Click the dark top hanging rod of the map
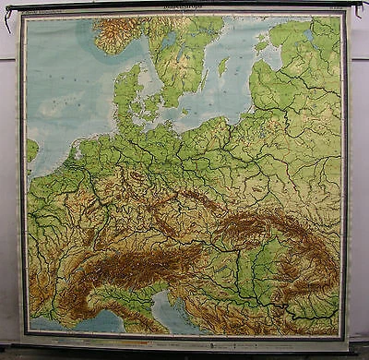(184, 6)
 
